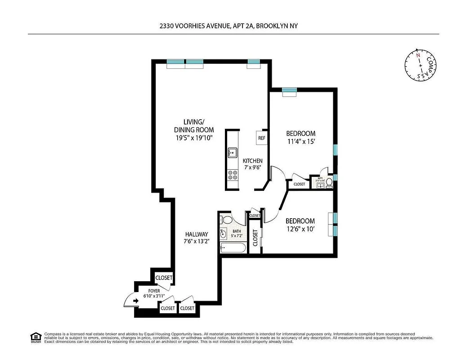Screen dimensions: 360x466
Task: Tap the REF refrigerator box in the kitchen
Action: click(x=262, y=138)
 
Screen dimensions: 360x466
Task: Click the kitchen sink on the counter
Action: click(x=232, y=153)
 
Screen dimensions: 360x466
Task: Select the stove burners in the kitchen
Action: click(x=233, y=175)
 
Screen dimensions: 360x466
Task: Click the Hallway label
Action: click(x=197, y=234)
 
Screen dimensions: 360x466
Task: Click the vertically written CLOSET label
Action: click(x=255, y=238)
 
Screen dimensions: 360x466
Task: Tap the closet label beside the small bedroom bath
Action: click(x=299, y=184)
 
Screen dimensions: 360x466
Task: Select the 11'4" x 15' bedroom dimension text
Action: click(x=301, y=141)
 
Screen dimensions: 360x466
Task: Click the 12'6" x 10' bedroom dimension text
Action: click(x=300, y=229)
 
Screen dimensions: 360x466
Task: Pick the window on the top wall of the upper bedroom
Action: click(x=289, y=92)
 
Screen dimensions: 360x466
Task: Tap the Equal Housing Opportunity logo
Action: click(x=35, y=337)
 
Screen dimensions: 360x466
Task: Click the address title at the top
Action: click(x=229, y=27)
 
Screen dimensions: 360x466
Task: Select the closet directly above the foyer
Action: click(x=164, y=278)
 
